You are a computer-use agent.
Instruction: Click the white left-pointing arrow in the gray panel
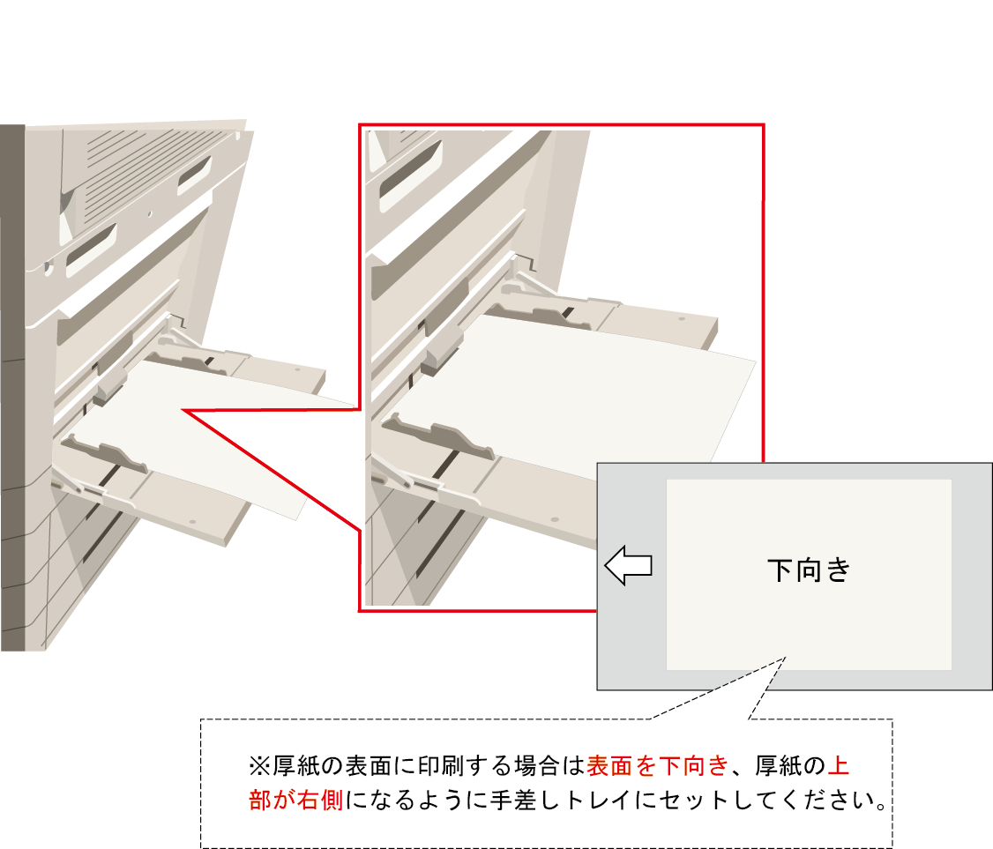[628, 565]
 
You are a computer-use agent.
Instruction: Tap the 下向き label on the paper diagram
[809, 570]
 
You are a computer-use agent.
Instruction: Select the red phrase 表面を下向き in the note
[658, 766]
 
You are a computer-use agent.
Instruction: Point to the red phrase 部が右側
[295, 801]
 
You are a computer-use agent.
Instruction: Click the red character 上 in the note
[839, 766]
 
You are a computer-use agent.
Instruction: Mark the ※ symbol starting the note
[259, 767]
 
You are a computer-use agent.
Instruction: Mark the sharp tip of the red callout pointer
[183, 410]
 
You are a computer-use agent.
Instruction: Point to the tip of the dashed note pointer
[785, 658]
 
